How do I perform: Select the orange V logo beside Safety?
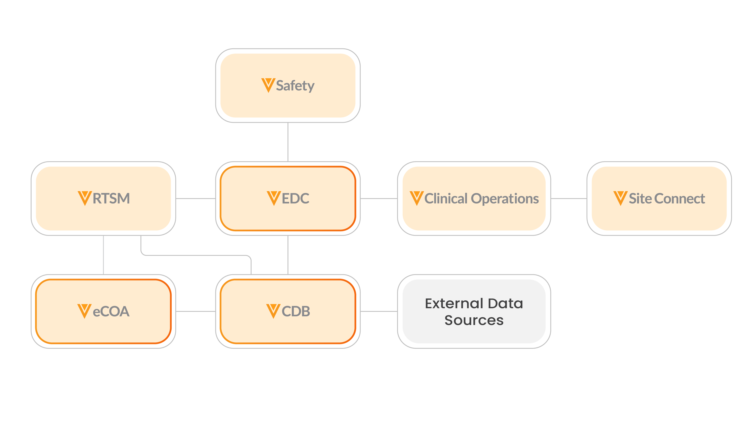click(268, 85)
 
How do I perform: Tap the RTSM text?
click(111, 199)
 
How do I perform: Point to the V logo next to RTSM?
click(85, 198)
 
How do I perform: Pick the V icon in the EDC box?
click(274, 198)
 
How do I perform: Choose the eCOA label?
click(111, 311)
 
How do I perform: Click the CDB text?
click(296, 311)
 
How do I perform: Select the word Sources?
click(474, 320)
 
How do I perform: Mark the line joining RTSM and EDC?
click(196, 199)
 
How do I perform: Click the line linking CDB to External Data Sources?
click(379, 311)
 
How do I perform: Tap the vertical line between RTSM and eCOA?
click(103, 255)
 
